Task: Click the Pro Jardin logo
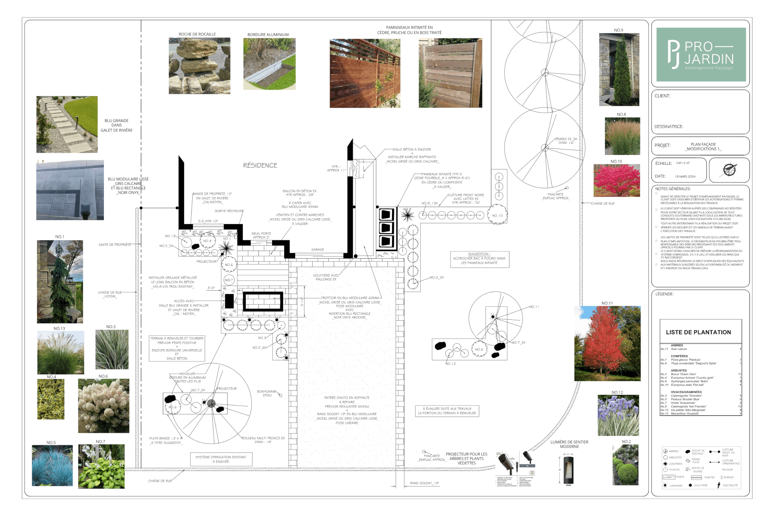pyautogui.click(x=701, y=55)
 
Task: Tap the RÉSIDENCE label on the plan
pyautogui.click(x=260, y=166)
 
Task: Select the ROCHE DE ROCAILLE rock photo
pyautogui.click(x=199, y=65)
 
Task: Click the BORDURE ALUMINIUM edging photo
pyautogui.click(x=269, y=64)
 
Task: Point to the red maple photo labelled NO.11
pyautogui.click(x=607, y=343)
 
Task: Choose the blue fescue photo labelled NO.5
pyautogui.click(x=52, y=465)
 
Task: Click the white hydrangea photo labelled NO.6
pyautogui.click(x=104, y=406)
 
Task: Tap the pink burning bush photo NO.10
pyautogui.click(x=616, y=180)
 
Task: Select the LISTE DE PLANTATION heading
pyautogui.click(x=698, y=332)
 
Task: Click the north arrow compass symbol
pyautogui.click(x=729, y=170)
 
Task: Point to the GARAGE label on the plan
pyautogui.click(x=317, y=249)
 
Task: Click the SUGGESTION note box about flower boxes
pyautogui.click(x=479, y=259)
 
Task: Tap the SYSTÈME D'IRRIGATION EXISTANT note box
pyautogui.click(x=221, y=459)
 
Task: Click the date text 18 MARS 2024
pyautogui.click(x=685, y=177)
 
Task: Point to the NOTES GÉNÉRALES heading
pyautogui.click(x=673, y=189)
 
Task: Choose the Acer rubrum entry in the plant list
pyautogui.click(x=679, y=349)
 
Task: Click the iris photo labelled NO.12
pyautogui.click(x=618, y=415)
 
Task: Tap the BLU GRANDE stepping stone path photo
pyautogui.click(x=67, y=124)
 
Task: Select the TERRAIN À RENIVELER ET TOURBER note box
pyautogui.click(x=177, y=348)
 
